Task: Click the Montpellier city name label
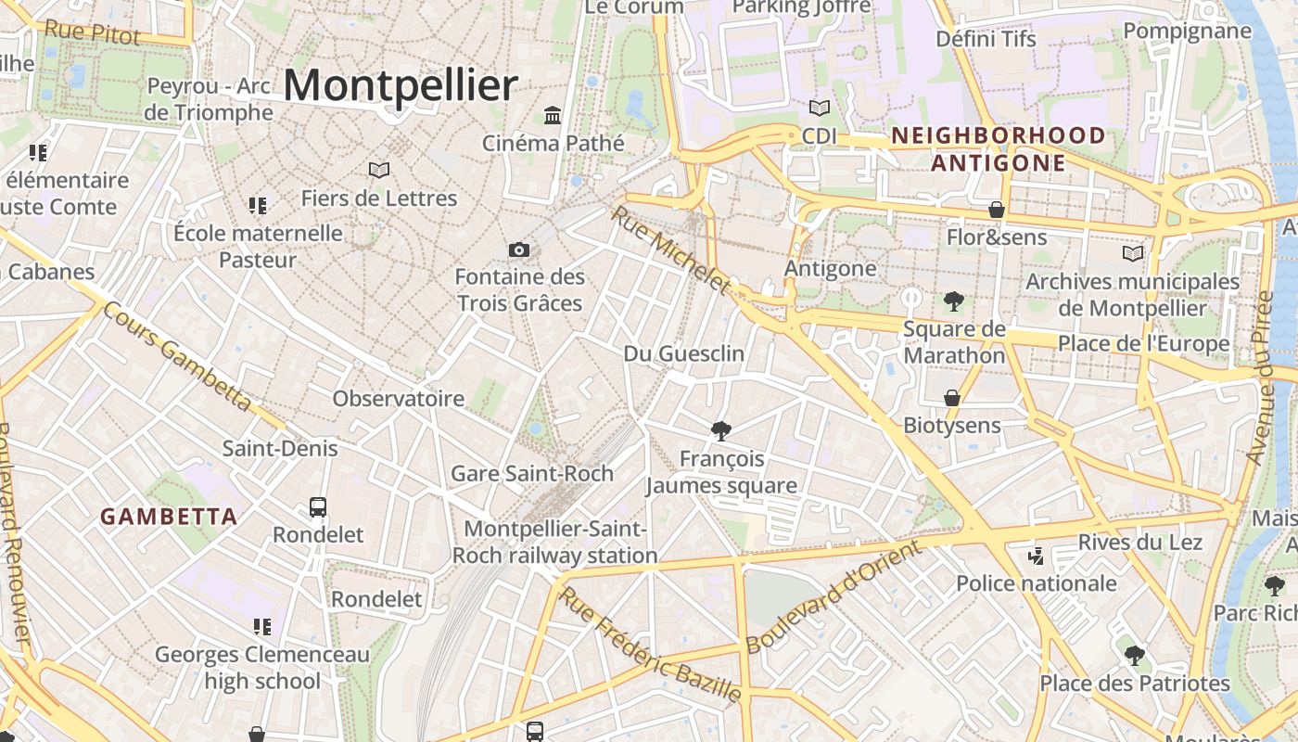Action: pyautogui.click(x=400, y=86)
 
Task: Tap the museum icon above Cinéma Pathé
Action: pyautogui.click(x=554, y=116)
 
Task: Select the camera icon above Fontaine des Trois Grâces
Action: pyautogui.click(x=519, y=249)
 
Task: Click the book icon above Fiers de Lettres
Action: pyautogui.click(x=378, y=170)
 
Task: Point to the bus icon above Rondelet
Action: pyautogui.click(x=318, y=507)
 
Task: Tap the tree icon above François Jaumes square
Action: pyautogui.click(x=720, y=430)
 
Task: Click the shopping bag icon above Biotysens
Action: pyautogui.click(x=952, y=398)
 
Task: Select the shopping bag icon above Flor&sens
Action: pyautogui.click(x=997, y=210)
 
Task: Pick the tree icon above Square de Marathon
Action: pyautogui.click(x=953, y=301)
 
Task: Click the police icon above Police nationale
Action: pyautogui.click(x=1037, y=556)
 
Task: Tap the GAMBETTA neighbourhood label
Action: pyautogui.click(x=169, y=517)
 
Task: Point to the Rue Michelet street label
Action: pyautogui.click(x=670, y=249)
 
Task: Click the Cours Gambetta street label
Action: pyautogui.click(x=176, y=357)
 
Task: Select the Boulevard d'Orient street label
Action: pyautogui.click(x=834, y=595)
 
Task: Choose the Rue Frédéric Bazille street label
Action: pyautogui.click(x=651, y=645)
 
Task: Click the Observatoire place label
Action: pyautogui.click(x=399, y=399)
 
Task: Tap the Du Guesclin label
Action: pyautogui.click(x=684, y=353)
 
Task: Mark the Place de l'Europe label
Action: pyautogui.click(x=1143, y=344)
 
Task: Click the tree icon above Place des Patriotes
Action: pyautogui.click(x=1134, y=656)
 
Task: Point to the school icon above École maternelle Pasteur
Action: pyautogui.click(x=258, y=205)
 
